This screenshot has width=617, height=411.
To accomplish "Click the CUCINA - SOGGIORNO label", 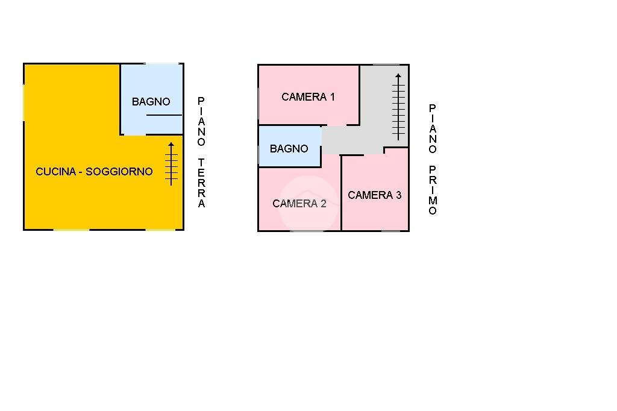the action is pos(94,172).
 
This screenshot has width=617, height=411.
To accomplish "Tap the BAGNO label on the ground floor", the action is pos(151,102).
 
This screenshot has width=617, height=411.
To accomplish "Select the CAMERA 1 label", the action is pos(308,97).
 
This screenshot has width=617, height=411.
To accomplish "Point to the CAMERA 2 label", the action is pos(299,204).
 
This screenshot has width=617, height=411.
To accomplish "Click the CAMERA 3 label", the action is pos(374,195).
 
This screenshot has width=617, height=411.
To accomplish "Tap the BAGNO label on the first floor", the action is pos(289,149).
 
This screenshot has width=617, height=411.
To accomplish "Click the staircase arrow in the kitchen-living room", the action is pos(171,163).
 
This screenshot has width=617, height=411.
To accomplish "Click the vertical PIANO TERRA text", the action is pos(201,152).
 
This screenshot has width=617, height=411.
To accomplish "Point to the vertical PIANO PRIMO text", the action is pos(433,160).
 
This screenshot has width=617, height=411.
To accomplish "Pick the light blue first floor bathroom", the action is pos(289,136).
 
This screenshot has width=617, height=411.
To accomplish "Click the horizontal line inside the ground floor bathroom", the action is pos(163,115).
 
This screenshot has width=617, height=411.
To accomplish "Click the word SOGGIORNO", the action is pos(119,172).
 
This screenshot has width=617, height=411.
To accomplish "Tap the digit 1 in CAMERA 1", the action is pos(331,97).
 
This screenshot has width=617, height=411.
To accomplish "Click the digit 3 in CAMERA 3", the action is pos(398,195).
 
